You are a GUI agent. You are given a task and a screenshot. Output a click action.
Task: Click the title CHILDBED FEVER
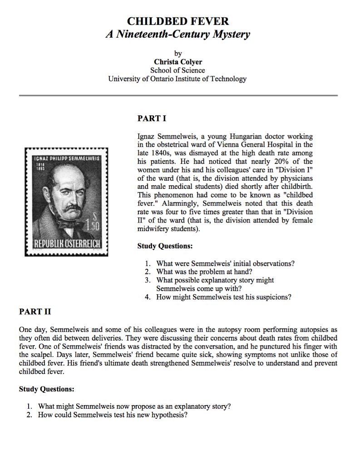click(x=178, y=21)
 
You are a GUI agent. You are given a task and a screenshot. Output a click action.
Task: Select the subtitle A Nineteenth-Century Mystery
click(x=178, y=34)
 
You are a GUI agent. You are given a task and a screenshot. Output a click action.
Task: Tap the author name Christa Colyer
click(x=178, y=62)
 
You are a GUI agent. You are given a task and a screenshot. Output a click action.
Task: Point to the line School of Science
click(x=178, y=70)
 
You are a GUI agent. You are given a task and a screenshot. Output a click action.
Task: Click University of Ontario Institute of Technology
click(x=178, y=79)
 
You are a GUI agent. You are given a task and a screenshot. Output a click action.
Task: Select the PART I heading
click(x=152, y=119)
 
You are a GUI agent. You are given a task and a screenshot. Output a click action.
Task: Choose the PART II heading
click(x=35, y=312)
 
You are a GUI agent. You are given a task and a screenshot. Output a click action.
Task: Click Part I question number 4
click(x=148, y=297)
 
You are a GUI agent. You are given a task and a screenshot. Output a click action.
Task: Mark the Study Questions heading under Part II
click(x=47, y=390)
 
